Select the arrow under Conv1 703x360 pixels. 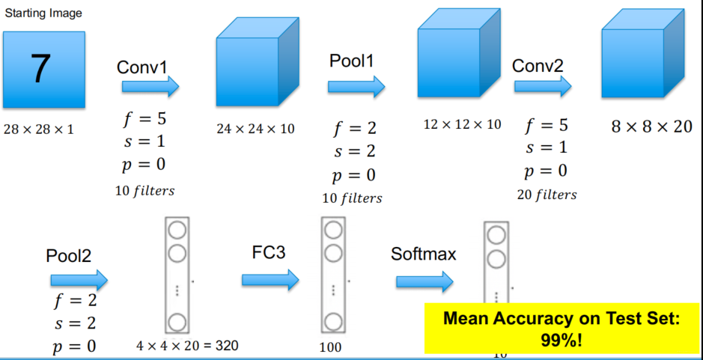tap(150, 88)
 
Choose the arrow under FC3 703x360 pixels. tap(270, 280)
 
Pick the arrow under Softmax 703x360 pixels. tap(424, 281)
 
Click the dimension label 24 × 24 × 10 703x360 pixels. tap(255, 129)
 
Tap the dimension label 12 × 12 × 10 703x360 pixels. tap(462, 124)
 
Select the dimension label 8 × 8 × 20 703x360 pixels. tap(651, 126)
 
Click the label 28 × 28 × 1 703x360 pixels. tap(39, 129)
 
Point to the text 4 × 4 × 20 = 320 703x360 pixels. tap(187, 346)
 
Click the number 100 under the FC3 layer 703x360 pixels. tap(329, 347)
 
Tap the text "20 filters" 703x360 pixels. tap(547, 195)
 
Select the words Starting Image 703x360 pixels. tap(43, 13)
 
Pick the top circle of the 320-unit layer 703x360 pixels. tap(177, 229)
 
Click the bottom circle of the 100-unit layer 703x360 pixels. tap(332, 323)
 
